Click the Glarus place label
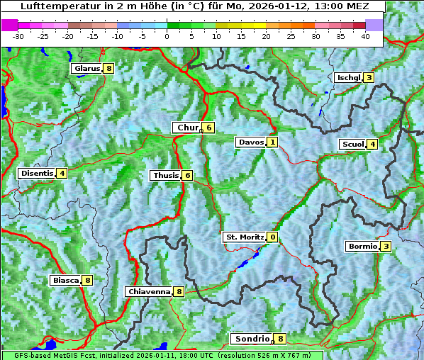coord(86,69)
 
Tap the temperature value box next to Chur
coord(209,128)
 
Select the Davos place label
coord(250,142)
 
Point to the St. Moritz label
coord(244,237)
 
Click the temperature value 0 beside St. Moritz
coord(272,237)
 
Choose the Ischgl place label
coord(348,77)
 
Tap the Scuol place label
coord(352,144)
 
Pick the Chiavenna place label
coord(149,291)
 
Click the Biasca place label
coord(65,280)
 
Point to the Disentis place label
coord(37,173)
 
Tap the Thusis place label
coord(165,175)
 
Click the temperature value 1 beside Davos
coord(272,142)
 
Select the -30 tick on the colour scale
coord(18,35)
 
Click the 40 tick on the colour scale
coord(365,35)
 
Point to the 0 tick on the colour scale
coord(167,35)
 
